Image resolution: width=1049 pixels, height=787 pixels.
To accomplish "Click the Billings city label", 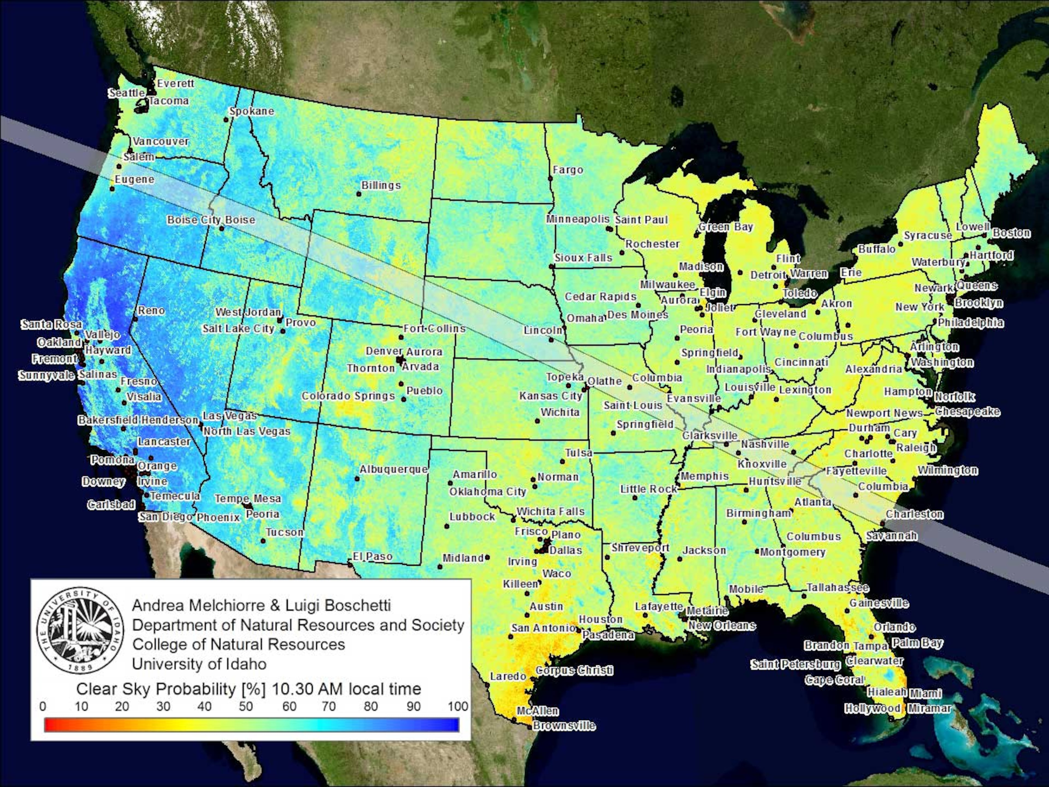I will pos(381,186).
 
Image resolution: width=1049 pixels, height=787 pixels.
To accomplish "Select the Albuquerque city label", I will pos(393,469).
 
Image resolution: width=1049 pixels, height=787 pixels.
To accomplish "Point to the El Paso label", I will pos(372,556).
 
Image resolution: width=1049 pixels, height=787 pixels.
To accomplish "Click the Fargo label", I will pos(568,170).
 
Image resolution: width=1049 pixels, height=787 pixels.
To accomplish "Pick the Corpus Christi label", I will pos(574,670).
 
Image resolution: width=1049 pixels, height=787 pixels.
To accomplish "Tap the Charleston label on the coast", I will pos(914,514).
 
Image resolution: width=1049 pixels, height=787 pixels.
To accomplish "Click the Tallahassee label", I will pos(838,588).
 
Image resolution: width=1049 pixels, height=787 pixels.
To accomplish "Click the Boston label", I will pos(1011,233).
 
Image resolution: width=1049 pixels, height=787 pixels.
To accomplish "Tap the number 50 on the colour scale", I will pos(245,706).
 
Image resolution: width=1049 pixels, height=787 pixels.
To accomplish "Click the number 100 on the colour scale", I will pos(458,706).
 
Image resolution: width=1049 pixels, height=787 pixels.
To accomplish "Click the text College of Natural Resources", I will pos(238,644).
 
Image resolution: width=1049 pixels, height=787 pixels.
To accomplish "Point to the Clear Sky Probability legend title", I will pos(249,689).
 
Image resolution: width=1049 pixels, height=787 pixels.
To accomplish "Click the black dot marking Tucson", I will pos(263,541).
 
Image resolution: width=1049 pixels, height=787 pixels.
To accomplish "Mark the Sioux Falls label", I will pos(583,258).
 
